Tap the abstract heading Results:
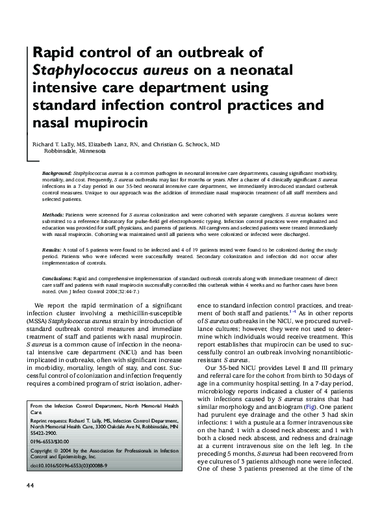pyautogui.click(x=52, y=249)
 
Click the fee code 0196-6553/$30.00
pyautogui.click(x=53, y=440)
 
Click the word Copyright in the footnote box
pyautogui.click(x=44, y=450)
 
